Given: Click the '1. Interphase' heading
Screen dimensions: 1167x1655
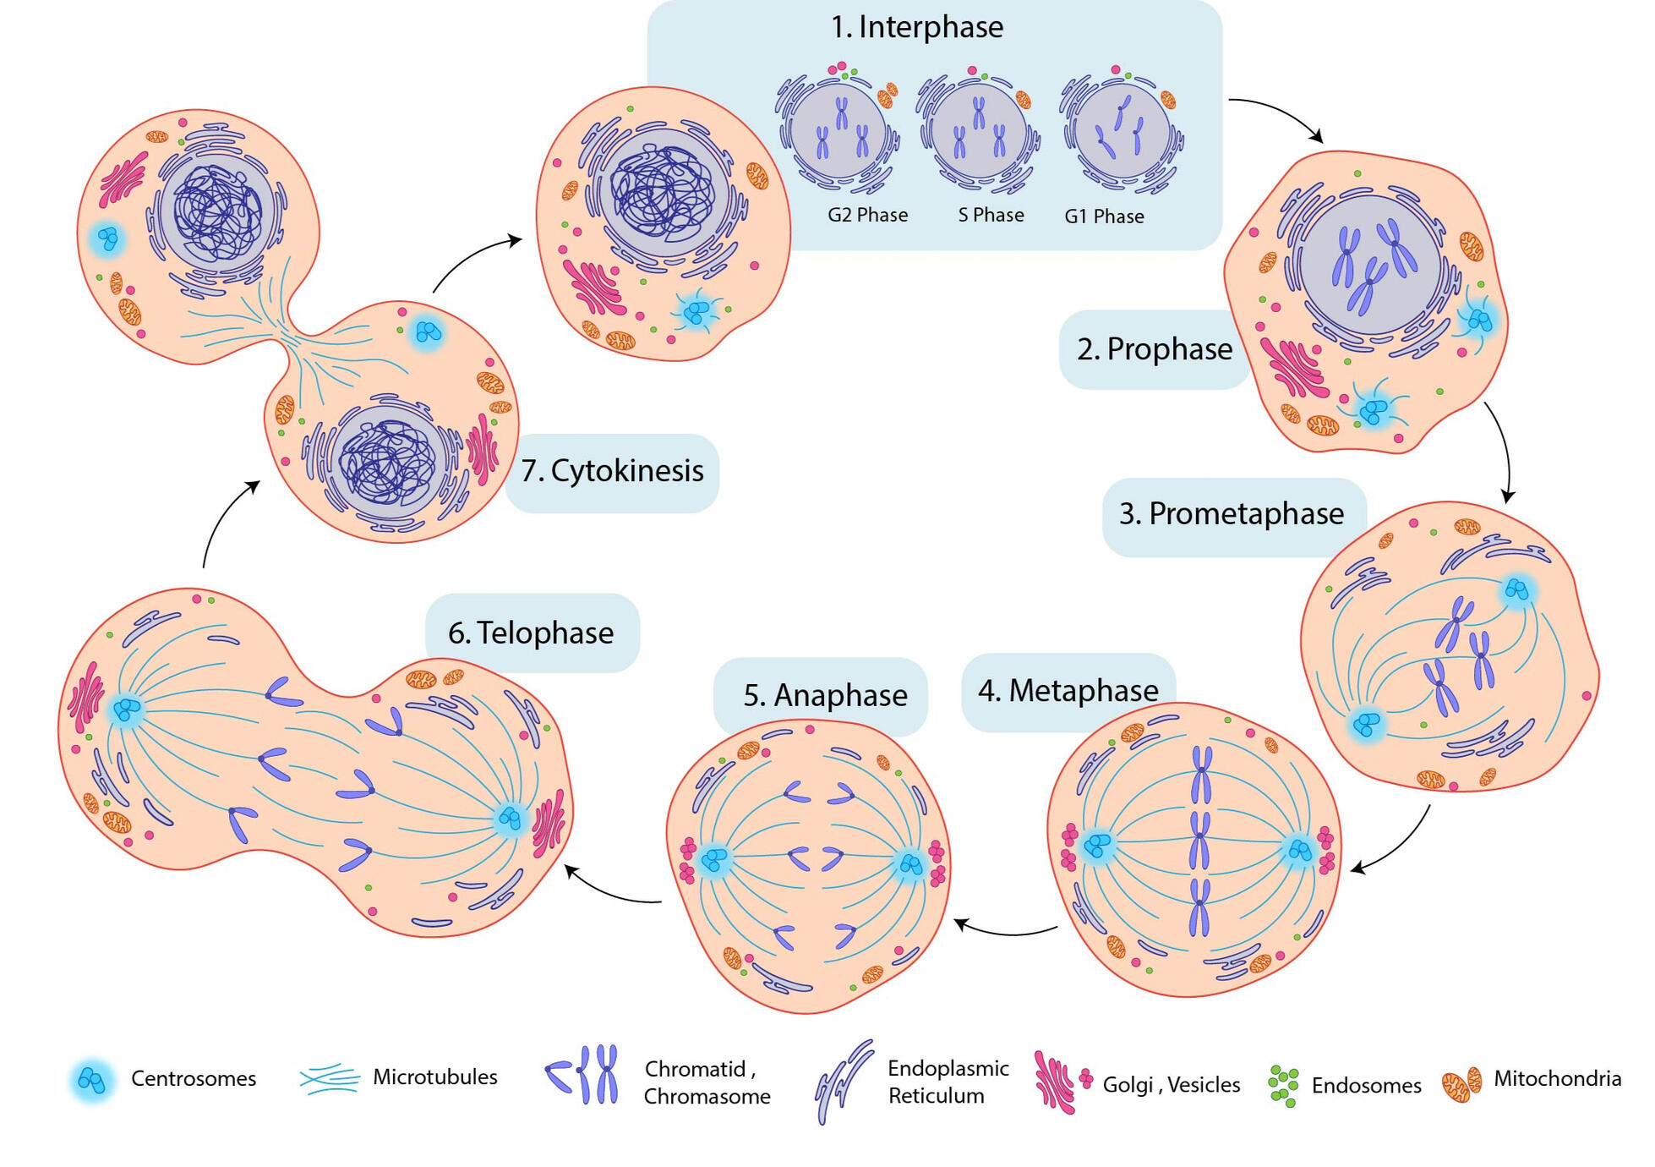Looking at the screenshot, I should point(916,27).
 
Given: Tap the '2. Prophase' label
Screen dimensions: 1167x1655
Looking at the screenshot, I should point(1154,349).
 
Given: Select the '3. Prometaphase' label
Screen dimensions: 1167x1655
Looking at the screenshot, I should point(1232,514).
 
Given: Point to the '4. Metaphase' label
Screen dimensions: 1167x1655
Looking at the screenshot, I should point(1068,691).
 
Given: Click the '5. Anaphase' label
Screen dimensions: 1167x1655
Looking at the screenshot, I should point(825,695).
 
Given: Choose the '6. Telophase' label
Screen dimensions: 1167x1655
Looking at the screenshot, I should point(531,633).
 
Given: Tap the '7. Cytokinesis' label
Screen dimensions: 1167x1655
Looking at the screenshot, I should point(612,471).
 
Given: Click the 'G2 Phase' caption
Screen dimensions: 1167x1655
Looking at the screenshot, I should point(867,215).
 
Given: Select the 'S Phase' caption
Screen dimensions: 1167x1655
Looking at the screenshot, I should point(991,215).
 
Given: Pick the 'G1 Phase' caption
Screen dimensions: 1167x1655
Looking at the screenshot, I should point(1104,216).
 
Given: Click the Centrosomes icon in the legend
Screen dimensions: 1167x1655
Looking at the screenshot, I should point(91,1080).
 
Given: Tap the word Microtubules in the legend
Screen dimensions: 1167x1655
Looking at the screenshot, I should point(434,1077).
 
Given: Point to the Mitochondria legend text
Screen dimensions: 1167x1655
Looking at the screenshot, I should point(1557,1079).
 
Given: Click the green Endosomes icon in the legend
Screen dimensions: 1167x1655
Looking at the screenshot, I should point(1283,1085).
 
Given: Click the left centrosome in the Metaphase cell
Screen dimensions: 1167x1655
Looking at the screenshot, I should point(1097,845).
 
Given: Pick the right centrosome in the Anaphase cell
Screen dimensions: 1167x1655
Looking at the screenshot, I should point(910,864).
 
